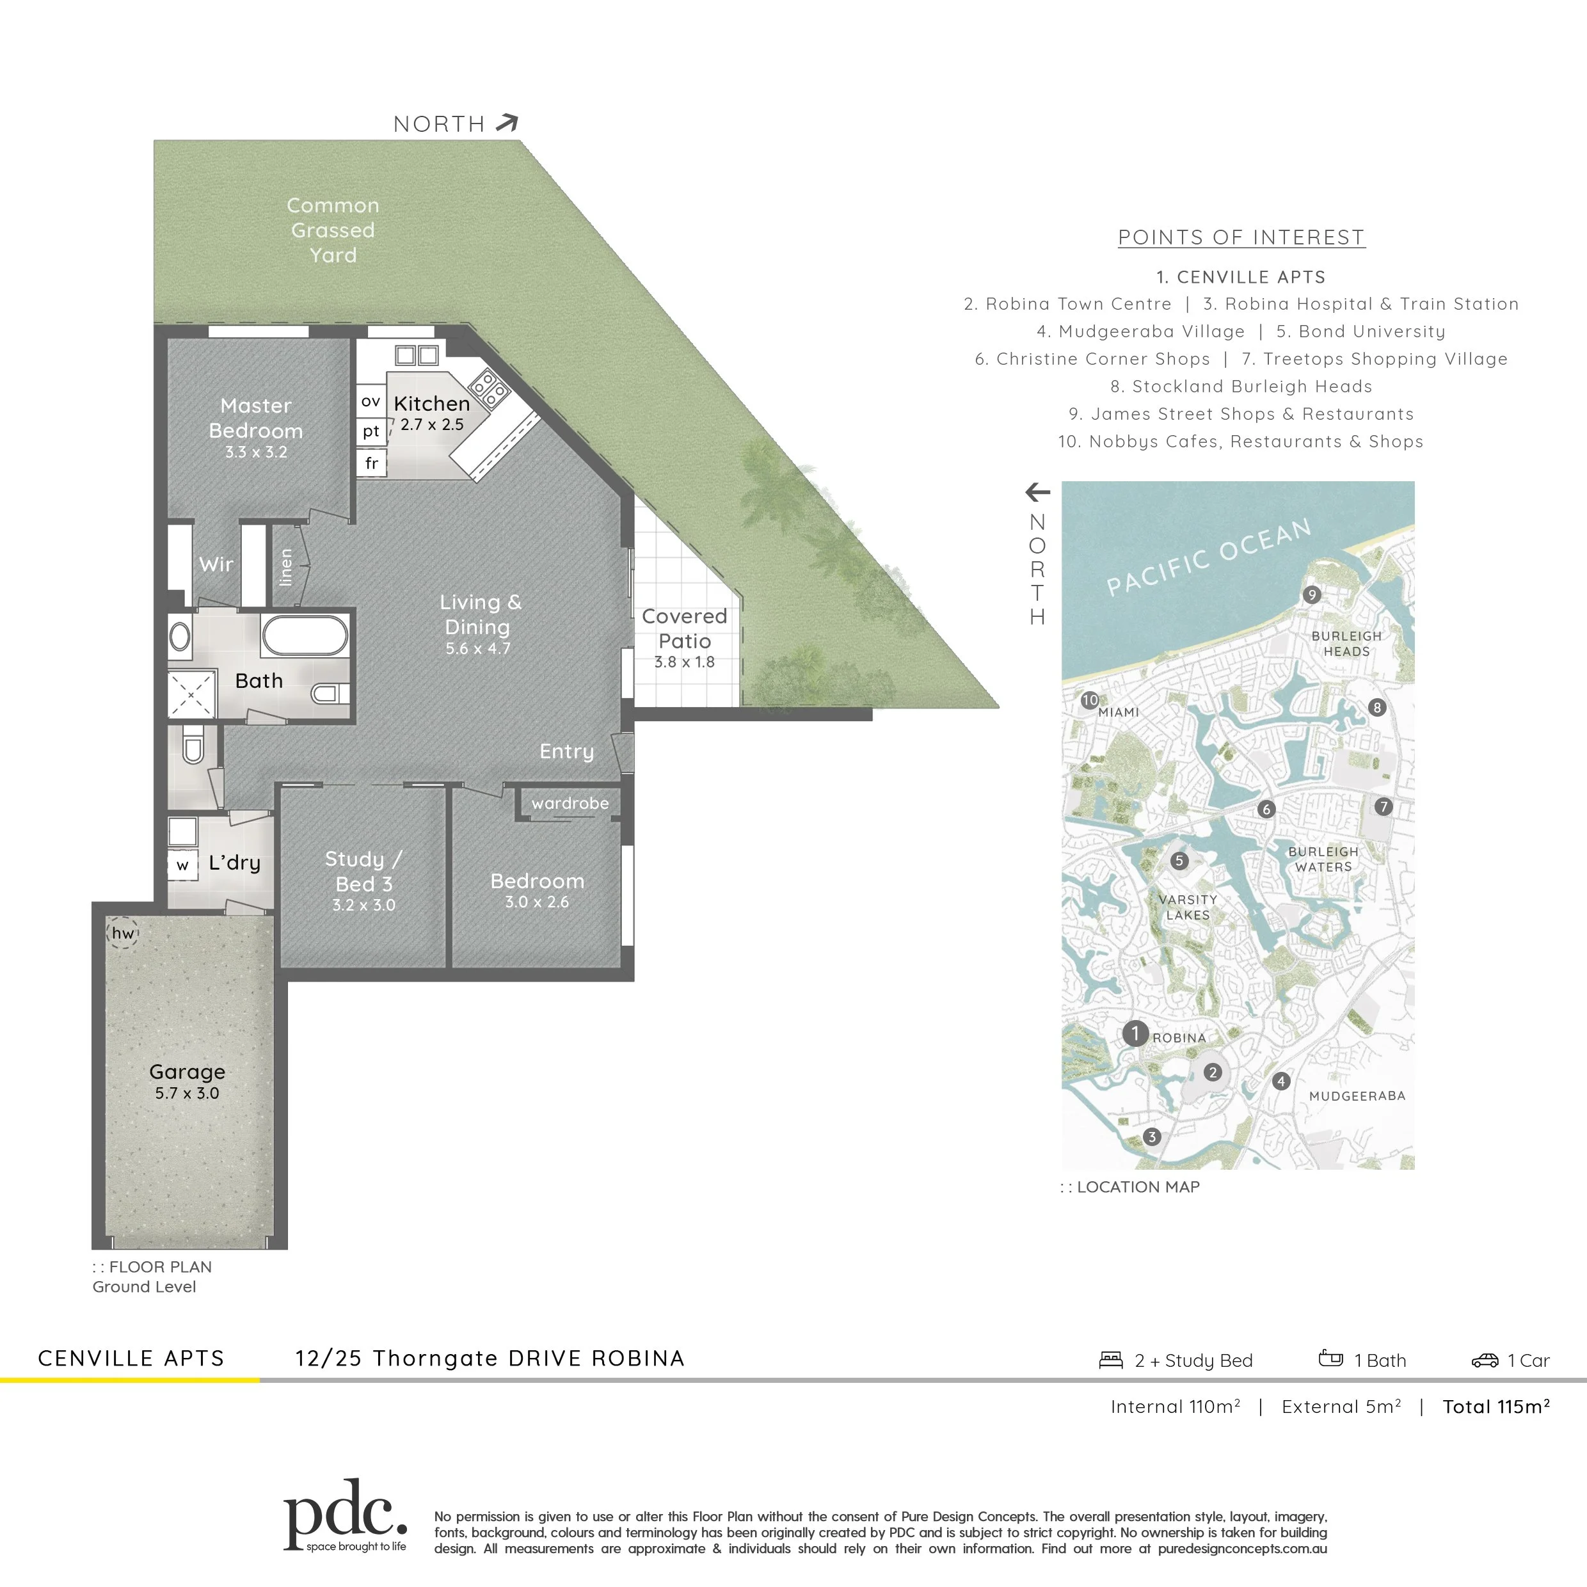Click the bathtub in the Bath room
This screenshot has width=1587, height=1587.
pos(305,636)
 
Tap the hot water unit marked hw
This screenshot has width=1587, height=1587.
pos(124,933)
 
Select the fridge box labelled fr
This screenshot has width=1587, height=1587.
pos(371,463)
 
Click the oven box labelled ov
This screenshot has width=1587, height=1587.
pos(371,402)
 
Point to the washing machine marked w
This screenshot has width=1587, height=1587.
pos(182,865)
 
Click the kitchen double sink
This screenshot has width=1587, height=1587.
pos(417,355)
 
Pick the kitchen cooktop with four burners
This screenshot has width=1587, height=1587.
pos(489,388)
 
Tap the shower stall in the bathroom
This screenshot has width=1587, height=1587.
pos(191,695)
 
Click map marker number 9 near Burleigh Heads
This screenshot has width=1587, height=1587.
pos(1312,594)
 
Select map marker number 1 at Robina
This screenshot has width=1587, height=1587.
pos(1135,1033)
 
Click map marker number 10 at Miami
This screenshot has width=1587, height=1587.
pos(1090,700)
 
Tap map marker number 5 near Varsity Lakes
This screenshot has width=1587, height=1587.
pos(1179,861)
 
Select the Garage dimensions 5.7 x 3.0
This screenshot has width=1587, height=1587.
pos(187,1094)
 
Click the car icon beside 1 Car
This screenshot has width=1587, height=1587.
pos(1485,1360)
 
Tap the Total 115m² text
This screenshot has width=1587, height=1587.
pos(1496,1407)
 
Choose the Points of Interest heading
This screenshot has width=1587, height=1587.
pos(1241,237)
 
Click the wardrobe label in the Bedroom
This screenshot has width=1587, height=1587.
pos(570,803)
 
